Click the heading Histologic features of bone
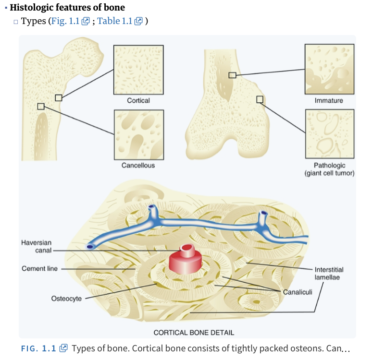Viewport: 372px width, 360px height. pos(67,8)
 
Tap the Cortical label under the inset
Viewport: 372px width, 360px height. pos(138,100)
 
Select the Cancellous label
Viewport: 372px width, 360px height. pos(138,165)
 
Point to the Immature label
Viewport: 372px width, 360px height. pos(329,100)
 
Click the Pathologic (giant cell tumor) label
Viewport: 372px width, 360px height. pos(330,169)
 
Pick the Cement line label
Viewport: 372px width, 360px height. pos(39,268)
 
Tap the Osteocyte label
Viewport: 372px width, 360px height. pos(66,299)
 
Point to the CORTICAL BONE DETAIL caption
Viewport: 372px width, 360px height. pos(194,332)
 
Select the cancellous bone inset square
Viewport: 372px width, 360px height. pos(138,134)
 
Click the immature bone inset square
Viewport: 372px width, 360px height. pos(330,69)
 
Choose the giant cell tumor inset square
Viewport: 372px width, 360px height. pos(330,134)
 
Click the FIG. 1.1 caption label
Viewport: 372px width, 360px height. pos(39,348)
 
